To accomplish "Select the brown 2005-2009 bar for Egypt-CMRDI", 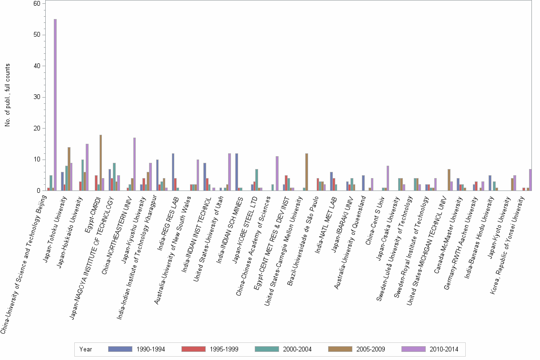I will [x=100, y=163].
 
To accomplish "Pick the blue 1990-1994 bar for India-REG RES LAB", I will [x=173, y=172].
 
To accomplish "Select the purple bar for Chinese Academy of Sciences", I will [x=277, y=173].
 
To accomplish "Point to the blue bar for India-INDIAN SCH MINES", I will [x=237, y=172].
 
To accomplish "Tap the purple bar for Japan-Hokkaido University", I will [x=87, y=167].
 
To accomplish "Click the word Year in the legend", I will [x=86, y=349].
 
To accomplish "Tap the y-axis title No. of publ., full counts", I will [x=8, y=95].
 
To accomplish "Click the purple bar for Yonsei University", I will [x=530, y=180].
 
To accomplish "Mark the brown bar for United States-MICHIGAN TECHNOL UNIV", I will [x=449, y=180].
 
